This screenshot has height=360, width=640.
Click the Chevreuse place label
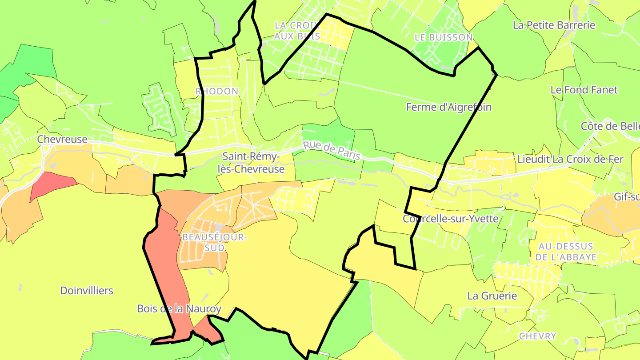(x=62, y=139)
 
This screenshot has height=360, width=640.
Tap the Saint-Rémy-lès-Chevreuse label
(x=253, y=163)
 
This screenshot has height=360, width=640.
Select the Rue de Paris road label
(x=332, y=151)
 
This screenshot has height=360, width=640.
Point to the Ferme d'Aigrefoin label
(x=449, y=107)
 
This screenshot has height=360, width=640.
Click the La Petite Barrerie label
(x=554, y=25)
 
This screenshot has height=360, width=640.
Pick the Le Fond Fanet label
(x=584, y=90)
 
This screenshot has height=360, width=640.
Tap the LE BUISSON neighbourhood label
(x=444, y=38)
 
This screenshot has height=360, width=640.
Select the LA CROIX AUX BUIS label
(x=297, y=31)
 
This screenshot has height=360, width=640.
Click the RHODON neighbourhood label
(x=217, y=91)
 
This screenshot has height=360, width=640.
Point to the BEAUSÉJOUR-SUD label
(x=214, y=243)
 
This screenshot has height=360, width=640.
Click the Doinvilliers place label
(x=87, y=291)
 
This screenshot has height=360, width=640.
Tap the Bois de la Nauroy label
(x=179, y=308)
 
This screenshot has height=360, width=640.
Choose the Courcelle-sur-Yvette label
(x=451, y=219)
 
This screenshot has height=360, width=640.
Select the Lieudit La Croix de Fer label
(x=571, y=159)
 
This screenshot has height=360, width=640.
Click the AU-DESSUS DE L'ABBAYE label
(x=565, y=252)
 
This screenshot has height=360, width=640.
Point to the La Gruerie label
(x=492, y=296)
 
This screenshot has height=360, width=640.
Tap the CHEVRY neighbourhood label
(x=538, y=336)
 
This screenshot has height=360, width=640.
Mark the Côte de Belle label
(x=610, y=126)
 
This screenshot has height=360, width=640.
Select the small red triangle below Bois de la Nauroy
(x=208, y=330)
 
